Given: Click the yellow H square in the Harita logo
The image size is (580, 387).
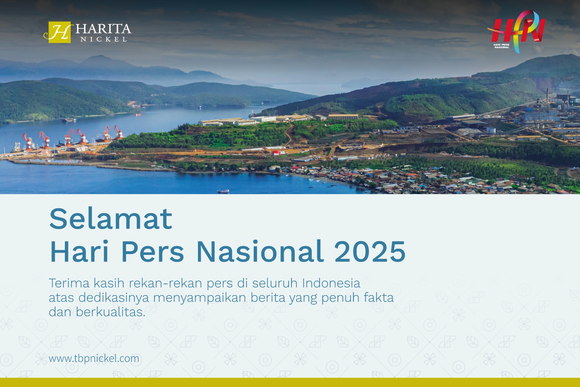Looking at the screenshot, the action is [59, 32].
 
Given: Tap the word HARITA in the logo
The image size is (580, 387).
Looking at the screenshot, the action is [103, 29].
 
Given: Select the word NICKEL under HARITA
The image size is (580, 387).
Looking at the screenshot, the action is [104, 39].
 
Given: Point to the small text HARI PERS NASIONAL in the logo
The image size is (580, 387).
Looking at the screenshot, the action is [502, 46].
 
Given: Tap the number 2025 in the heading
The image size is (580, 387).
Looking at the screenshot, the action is [370, 252].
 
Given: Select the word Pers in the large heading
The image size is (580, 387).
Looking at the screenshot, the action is [153, 252].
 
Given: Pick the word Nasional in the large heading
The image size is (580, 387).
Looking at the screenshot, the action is [260, 252].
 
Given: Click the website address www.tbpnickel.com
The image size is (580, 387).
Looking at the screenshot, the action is [94, 358].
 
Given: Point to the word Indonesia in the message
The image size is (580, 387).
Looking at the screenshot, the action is [331, 283].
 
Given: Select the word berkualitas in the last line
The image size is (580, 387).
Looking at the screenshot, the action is [110, 312].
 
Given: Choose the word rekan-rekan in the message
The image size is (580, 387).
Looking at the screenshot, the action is [166, 283].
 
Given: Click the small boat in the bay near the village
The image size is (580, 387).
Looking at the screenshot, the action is [223, 191].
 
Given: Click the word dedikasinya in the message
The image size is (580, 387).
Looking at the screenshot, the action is [114, 298].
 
